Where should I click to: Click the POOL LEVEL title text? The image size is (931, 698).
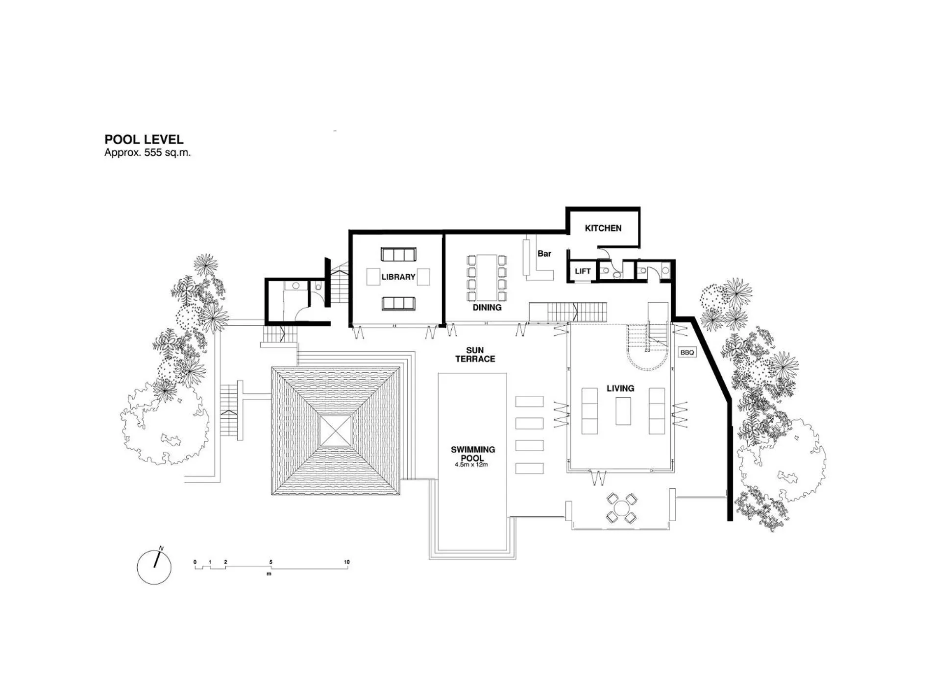[144, 140]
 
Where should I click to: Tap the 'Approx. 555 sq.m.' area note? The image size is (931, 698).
[147, 153]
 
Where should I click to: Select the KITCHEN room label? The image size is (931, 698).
[603, 228]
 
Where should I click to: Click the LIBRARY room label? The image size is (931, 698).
[398, 277]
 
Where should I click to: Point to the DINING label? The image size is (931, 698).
[487, 308]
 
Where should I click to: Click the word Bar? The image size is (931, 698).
[544, 254]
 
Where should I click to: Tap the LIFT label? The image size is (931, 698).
[583, 271]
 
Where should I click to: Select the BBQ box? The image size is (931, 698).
[687, 353]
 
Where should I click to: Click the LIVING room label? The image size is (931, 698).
[620, 388]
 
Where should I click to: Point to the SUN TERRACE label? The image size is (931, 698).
[475, 355]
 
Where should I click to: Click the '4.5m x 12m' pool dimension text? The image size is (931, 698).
[471, 465]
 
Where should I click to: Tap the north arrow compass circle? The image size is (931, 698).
[154, 567]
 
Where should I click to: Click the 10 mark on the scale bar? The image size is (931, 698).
[347, 562]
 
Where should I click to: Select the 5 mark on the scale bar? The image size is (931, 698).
[270, 562]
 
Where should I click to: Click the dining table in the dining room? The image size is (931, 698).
[487, 277]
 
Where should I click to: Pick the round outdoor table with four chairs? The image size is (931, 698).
[621, 507]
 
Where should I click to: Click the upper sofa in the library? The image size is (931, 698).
[398, 255]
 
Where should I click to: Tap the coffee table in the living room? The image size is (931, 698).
[623, 411]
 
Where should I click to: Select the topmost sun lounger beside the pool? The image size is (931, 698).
[529, 402]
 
